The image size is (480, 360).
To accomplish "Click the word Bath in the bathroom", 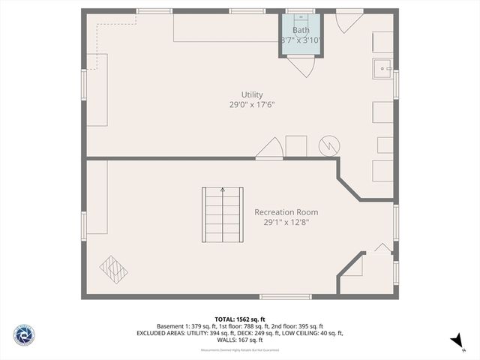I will [x=300, y=30].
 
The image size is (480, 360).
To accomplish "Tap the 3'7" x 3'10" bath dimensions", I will [x=300, y=40].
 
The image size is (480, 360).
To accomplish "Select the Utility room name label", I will [x=251, y=94].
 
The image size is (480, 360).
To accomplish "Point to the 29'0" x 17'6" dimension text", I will [x=251, y=105].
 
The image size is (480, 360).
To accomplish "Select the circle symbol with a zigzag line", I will [x=328, y=145].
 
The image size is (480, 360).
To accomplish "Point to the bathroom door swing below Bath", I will [x=301, y=67].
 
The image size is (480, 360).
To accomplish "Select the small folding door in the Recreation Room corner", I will [x=382, y=249].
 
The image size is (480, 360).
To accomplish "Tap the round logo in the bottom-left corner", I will [x=23, y=334].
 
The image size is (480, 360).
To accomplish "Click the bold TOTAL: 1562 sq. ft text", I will [x=239, y=318].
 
